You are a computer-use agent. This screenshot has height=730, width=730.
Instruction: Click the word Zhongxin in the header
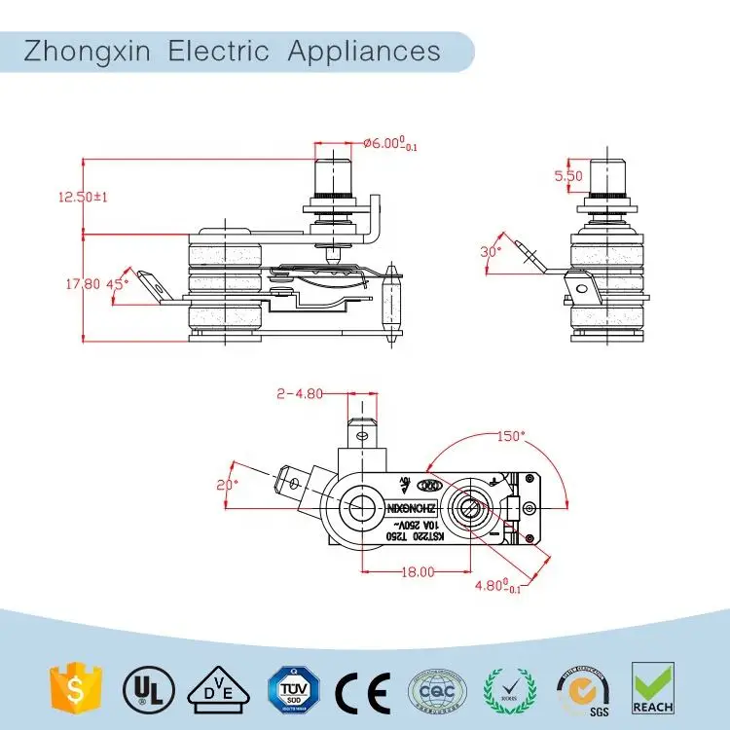[88, 50]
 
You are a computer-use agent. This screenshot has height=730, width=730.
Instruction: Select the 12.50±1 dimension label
[83, 197]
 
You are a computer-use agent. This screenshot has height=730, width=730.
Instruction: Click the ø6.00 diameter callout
[389, 143]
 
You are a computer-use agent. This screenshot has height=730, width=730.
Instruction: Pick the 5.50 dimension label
[567, 176]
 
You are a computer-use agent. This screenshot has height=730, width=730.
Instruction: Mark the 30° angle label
[492, 251]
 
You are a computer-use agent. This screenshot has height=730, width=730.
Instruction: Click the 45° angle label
[117, 284]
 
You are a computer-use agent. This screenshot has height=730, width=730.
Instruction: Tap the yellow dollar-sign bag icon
[70, 688]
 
